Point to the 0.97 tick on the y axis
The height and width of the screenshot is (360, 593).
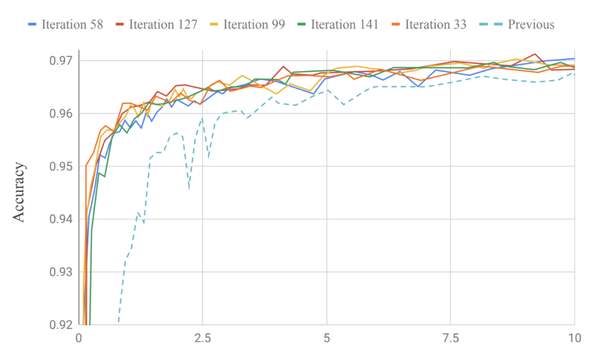point(62,61)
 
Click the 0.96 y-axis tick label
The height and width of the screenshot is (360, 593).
point(62,114)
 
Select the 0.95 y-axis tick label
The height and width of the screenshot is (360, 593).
point(62,166)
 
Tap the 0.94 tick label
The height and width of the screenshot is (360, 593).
point(62,219)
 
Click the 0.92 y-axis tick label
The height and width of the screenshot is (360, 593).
point(62,324)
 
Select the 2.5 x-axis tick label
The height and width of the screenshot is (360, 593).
point(203,338)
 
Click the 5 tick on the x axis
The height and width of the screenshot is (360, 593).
point(327,338)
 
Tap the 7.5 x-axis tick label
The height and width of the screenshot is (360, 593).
point(451,338)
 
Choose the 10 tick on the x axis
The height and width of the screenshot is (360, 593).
point(574,338)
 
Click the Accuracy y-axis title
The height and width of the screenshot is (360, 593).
point(19,192)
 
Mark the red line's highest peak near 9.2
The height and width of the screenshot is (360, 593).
point(534,54)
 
